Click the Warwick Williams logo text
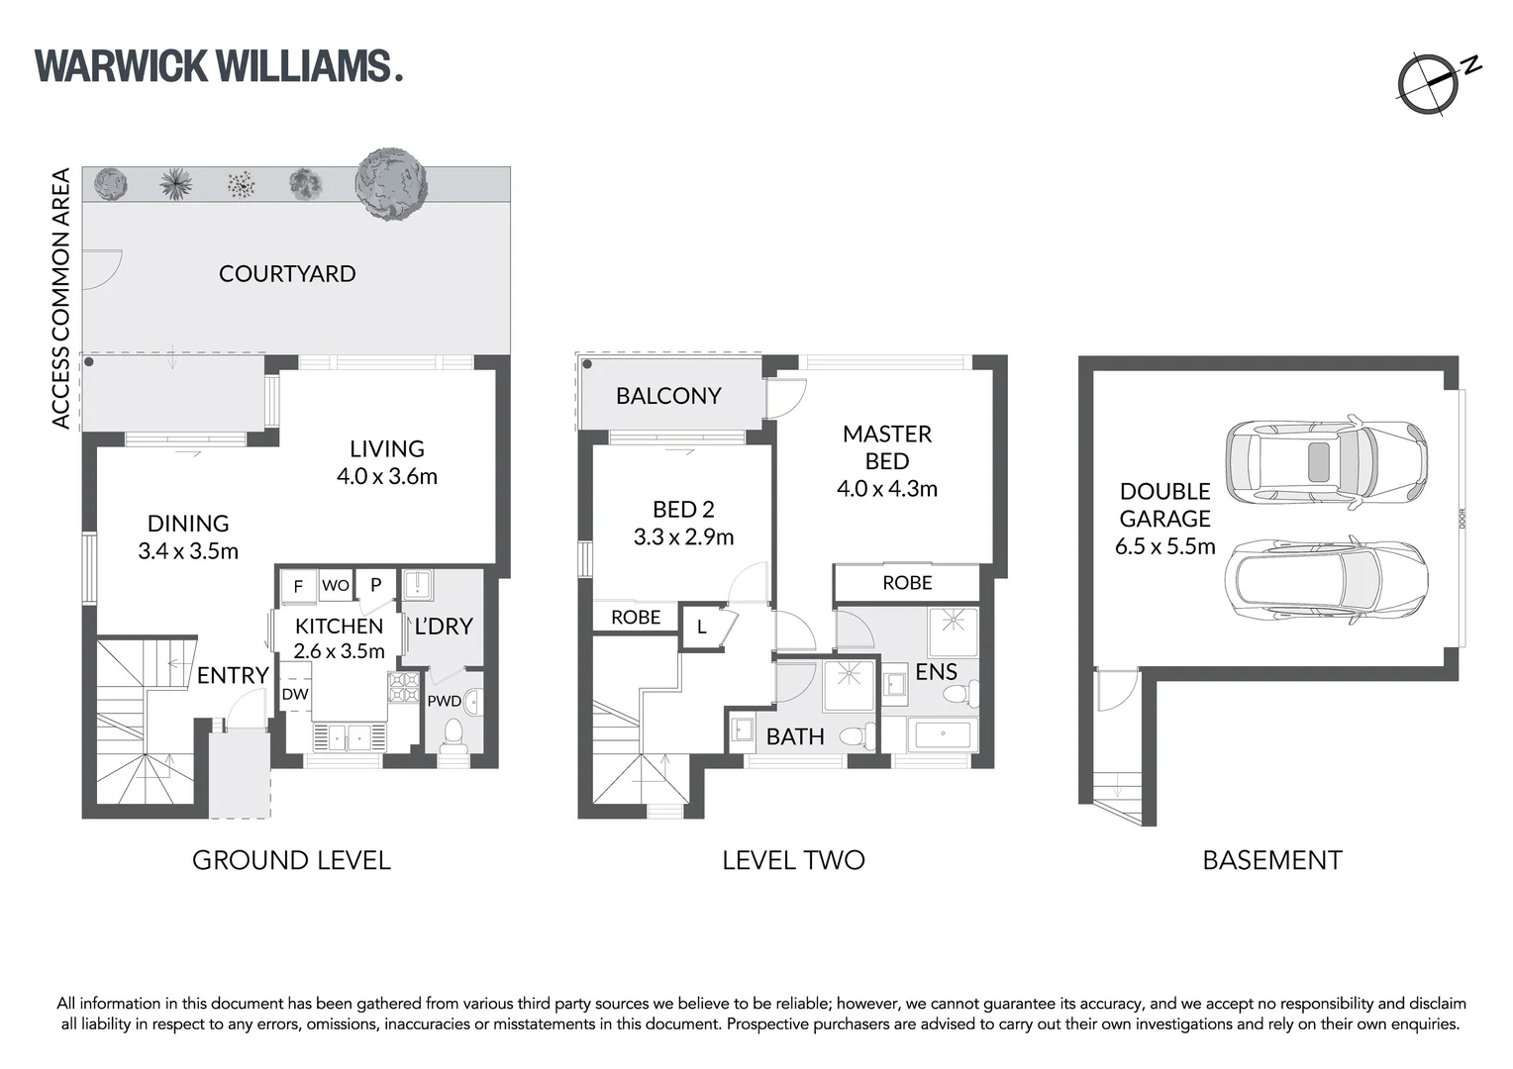point(218,65)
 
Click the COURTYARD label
point(287,273)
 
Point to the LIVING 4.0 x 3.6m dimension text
point(386,476)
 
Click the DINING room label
point(188,524)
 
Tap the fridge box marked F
point(298,586)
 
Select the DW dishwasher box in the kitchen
point(295,694)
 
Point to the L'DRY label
point(443,627)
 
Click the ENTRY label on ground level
point(233,675)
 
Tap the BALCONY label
point(668,396)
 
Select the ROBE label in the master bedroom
point(907,583)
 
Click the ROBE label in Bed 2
point(636,617)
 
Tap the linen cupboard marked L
point(701,627)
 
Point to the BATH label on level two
point(795,736)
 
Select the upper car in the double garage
point(1326,462)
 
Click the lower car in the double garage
point(1326,582)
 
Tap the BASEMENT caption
point(1271,860)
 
